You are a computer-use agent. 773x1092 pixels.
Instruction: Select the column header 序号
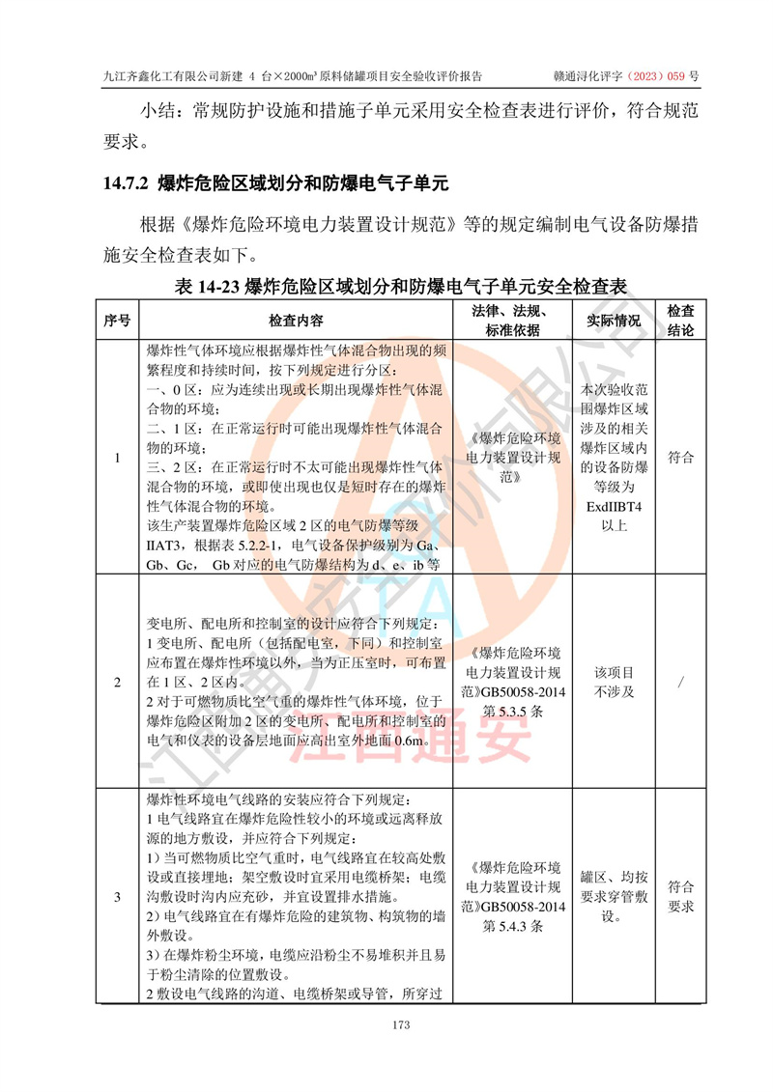117,320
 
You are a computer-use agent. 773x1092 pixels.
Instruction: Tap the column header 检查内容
297,320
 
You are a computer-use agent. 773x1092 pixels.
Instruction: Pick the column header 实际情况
614,320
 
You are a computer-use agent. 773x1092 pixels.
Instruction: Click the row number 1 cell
117,458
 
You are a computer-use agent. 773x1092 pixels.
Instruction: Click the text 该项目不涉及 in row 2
614,682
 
